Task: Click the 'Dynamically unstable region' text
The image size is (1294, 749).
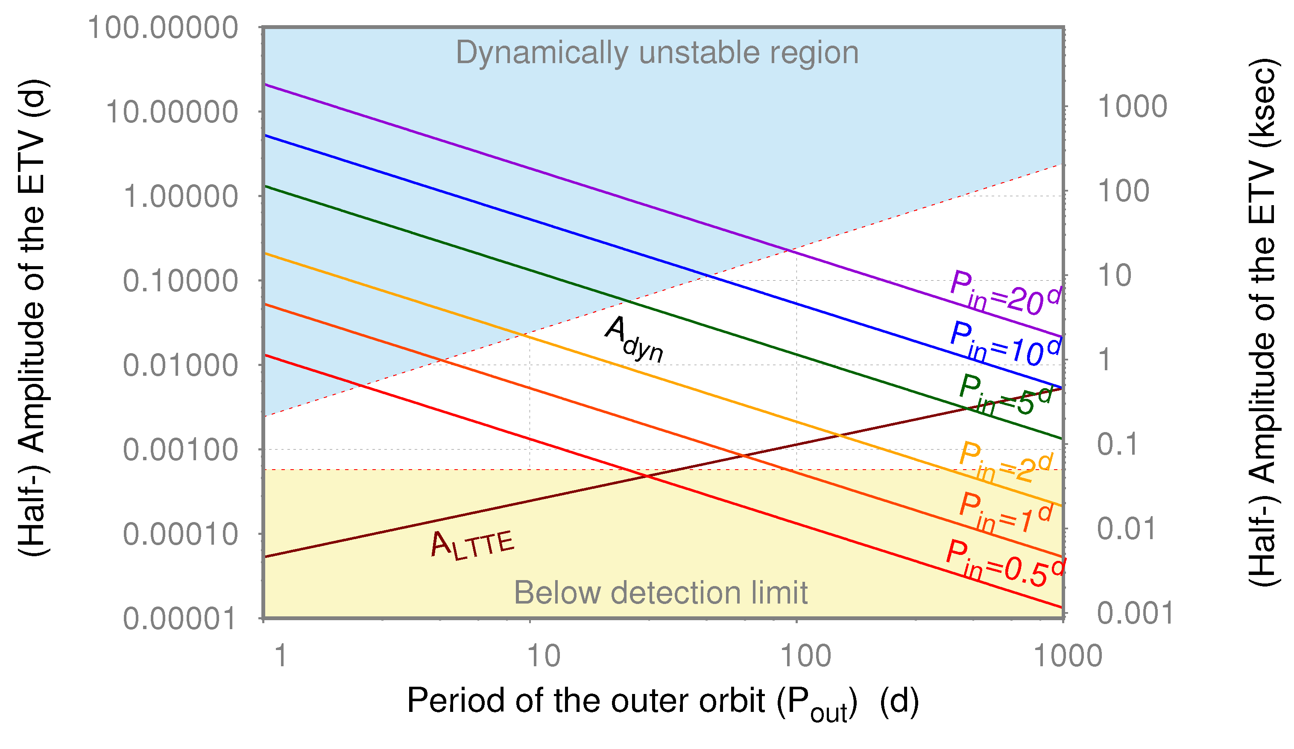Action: coord(657,53)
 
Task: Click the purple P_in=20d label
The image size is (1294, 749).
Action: coord(1004,293)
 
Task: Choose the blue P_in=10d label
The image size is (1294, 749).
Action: coord(1004,344)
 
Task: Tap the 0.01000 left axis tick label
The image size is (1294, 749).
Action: coord(180,366)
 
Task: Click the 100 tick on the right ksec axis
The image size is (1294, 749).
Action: coord(1123,192)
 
